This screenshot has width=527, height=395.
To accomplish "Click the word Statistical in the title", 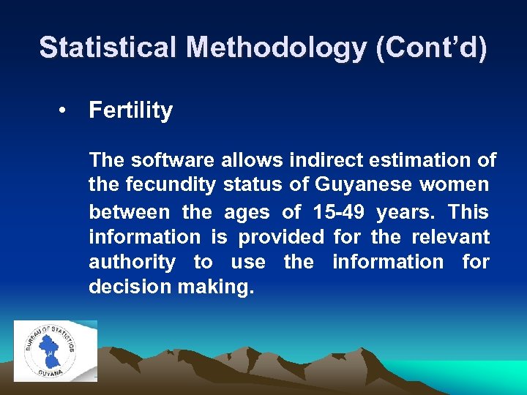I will (108, 48).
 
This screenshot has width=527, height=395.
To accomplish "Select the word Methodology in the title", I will (277, 48).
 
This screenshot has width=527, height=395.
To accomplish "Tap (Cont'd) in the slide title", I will (431, 48).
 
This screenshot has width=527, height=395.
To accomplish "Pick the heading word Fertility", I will (130, 111).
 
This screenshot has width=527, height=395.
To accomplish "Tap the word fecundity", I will (169, 186).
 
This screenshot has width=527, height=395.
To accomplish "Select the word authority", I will (132, 262).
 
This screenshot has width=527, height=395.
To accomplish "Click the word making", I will (216, 287).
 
